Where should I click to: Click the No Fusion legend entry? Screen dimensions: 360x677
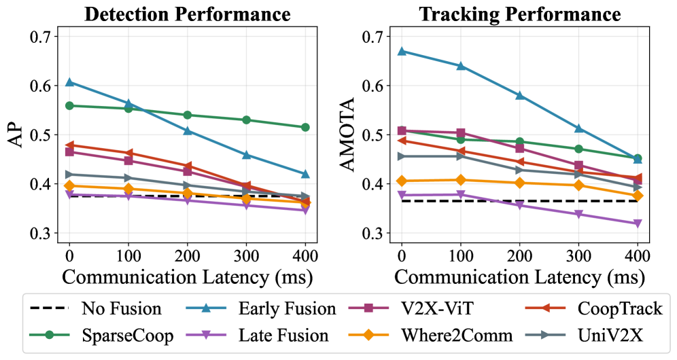tap(122, 310)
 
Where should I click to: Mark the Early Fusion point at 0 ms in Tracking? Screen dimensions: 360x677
tap(402, 51)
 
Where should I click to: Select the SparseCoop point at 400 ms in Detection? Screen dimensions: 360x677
tap(305, 127)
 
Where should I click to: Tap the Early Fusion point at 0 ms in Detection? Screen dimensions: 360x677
tap(69, 82)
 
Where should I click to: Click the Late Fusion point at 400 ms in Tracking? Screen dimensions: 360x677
tap(638, 223)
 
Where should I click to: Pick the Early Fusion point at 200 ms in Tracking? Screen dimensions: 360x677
tap(520, 95)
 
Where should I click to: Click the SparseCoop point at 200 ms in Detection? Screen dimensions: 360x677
tap(188, 115)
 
